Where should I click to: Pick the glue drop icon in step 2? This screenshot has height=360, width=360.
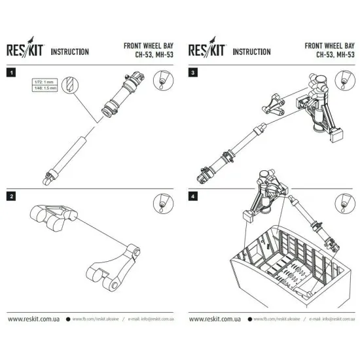pyautogui.click(x=161, y=203)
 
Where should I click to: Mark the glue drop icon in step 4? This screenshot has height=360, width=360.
pyautogui.click(x=342, y=203)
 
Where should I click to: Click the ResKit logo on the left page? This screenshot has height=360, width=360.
pyautogui.click(x=26, y=51)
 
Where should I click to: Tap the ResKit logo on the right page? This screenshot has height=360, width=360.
pyautogui.click(x=207, y=51)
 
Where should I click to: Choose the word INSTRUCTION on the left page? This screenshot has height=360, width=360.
pyautogui.click(x=70, y=52)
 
